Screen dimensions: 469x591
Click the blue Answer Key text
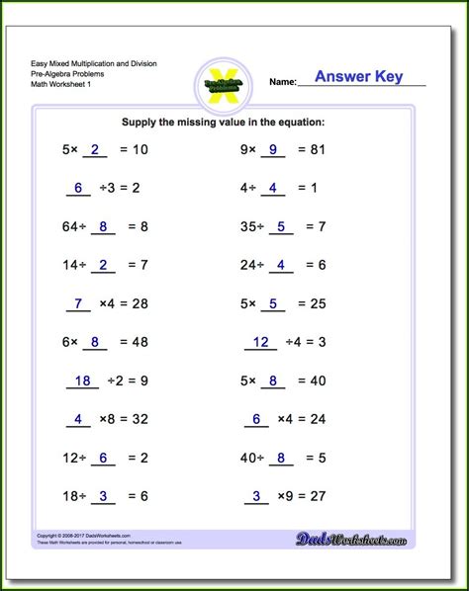coord(358,77)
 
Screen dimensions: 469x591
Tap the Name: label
coord(283,82)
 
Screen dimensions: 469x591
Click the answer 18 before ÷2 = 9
coord(83,380)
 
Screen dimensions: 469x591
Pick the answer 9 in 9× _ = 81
coord(272,150)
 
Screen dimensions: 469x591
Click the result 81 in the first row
coord(316,150)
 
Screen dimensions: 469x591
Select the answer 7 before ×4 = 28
coord(78,302)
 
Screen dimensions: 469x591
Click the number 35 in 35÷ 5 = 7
coord(249,226)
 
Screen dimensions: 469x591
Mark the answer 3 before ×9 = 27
coord(256,495)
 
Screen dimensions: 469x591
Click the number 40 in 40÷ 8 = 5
coord(249,457)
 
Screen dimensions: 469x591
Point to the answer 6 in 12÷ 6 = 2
coord(102,457)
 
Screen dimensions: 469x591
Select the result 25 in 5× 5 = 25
coord(316,302)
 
